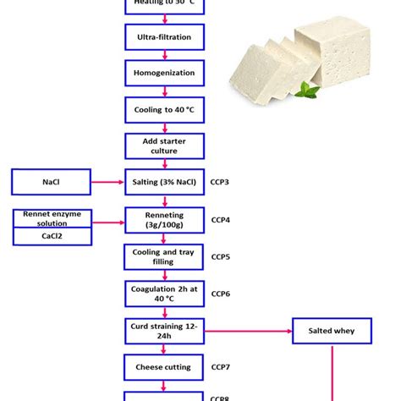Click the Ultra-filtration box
click(x=164, y=36)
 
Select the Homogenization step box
click(x=164, y=73)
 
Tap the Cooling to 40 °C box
click(x=164, y=109)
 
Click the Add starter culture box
click(x=164, y=146)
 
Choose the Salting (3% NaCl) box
click(x=164, y=182)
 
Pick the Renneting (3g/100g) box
click(x=164, y=219)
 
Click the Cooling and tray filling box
click(x=164, y=256)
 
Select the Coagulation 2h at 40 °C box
click(x=164, y=294)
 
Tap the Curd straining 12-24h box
click(x=164, y=331)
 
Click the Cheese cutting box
click(x=164, y=367)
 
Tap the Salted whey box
click(x=332, y=331)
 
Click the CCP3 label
click(x=220, y=182)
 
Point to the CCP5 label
click(x=220, y=256)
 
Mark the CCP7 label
click(x=220, y=367)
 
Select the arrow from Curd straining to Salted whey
click(x=248, y=331)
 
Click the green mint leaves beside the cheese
click(x=310, y=90)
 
